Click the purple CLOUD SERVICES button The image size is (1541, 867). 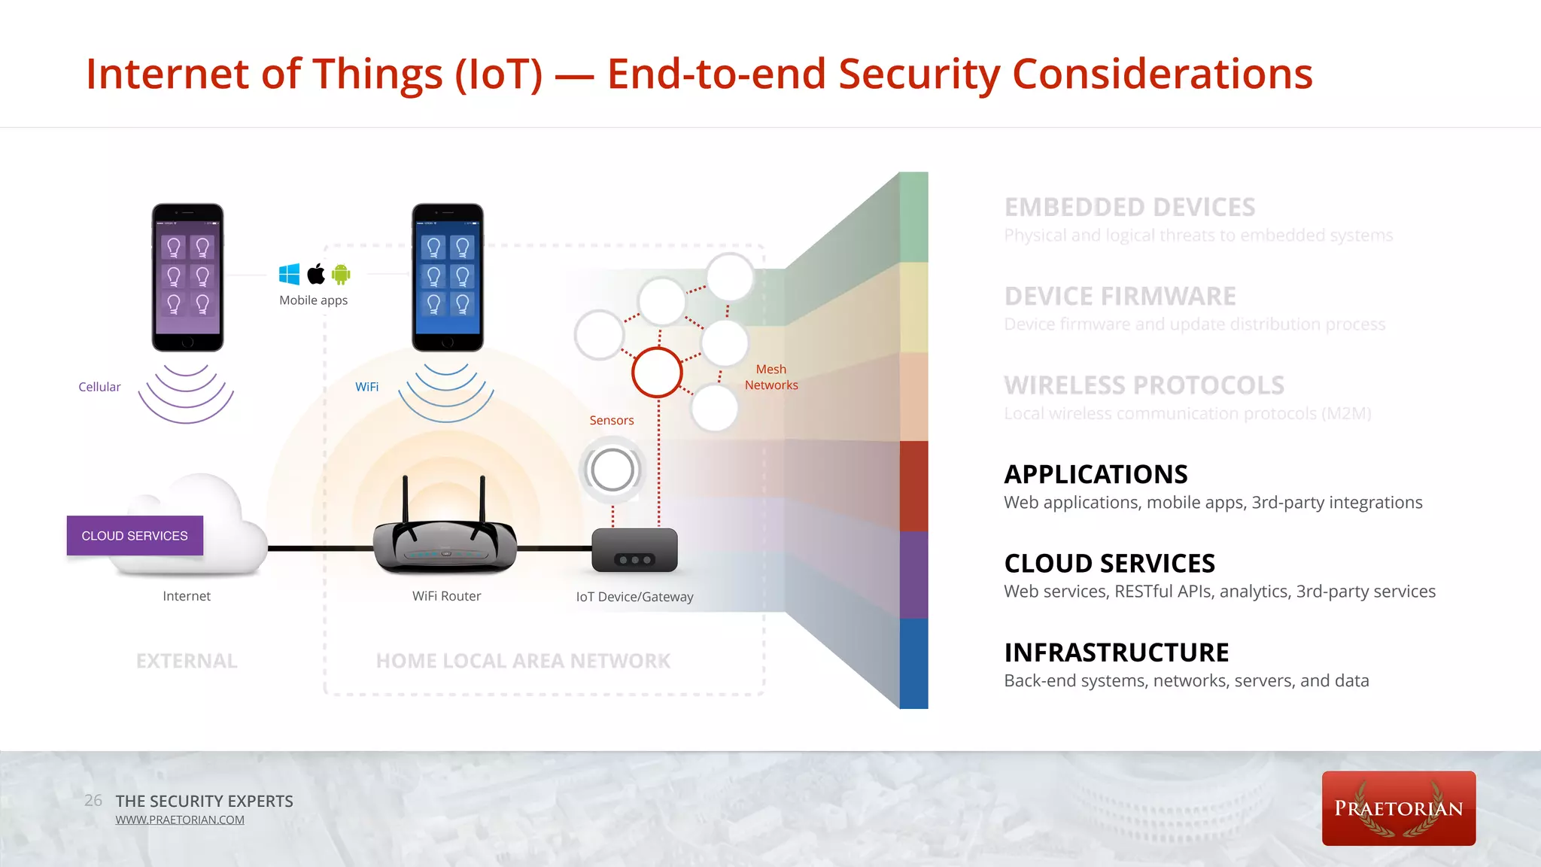pyautogui.click(x=135, y=536)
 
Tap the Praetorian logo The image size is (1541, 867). pyautogui.click(x=1398, y=808)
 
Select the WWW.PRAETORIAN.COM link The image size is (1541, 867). pyautogui.click(x=180, y=820)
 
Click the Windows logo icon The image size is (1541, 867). pyautogui.click(x=289, y=274)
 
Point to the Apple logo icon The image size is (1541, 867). pyautogui.click(x=316, y=274)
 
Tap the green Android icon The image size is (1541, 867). pyautogui.click(x=341, y=274)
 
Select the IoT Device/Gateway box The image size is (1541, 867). pyautogui.click(x=634, y=550)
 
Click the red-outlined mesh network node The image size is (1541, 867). pyautogui.click(x=657, y=373)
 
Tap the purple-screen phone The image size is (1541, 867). pyautogui.click(x=187, y=277)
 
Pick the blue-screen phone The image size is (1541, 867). pyautogui.click(x=448, y=277)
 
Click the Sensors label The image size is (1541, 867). pyautogui.click(x=612, y=420)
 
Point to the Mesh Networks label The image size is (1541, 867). pyautogui.click(x=771, y=377)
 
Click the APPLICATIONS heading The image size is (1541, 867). pyautogui.click(x=1096, y=474)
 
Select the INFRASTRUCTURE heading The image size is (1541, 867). pyautogui.click(x=1116, y=653)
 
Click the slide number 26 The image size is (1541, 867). pyautogui.click(x=93, y=800)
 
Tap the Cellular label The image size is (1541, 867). pyautogui.click(x=99, y=387)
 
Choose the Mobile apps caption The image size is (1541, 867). pyautogui.click(x=313, y=300)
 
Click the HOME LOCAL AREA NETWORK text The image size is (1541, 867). pyautogui.click(x=523, y=661)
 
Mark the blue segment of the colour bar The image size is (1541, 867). pyautogui.click(x=913, y=663)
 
